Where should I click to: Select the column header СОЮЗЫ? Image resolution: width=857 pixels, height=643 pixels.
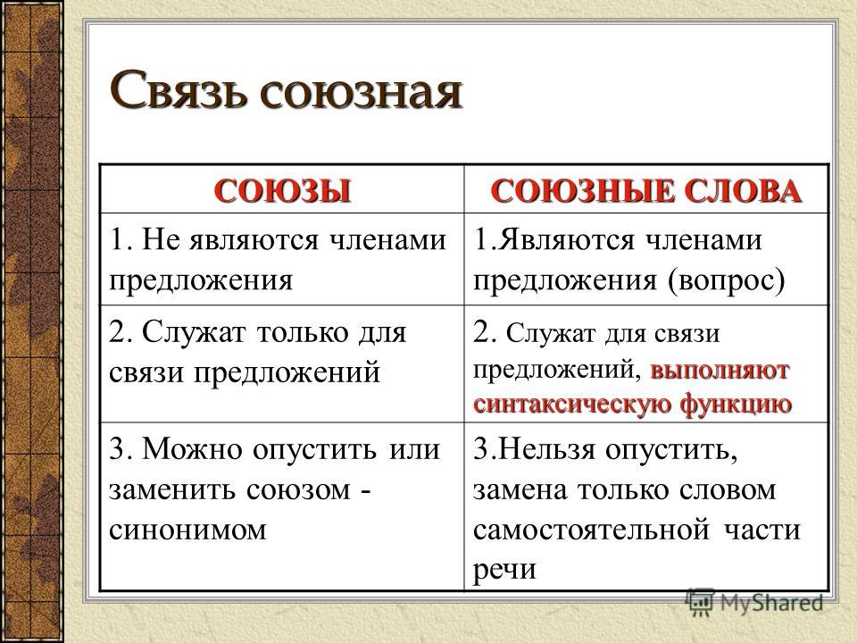point(282,191)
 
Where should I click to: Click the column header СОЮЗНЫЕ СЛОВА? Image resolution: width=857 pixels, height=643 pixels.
point(646,191)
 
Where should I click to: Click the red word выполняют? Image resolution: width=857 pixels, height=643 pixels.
point(720,371)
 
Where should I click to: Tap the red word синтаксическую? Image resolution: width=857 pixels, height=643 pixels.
point(573,405)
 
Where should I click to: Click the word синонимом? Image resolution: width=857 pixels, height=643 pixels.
point(187,530)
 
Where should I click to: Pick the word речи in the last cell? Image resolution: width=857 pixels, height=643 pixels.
point(503,570)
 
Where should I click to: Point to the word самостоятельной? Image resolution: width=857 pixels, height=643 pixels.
point(591,530)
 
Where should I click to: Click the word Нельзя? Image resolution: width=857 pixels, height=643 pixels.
point(547,449)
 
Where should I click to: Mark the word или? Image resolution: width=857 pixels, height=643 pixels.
point(415,450)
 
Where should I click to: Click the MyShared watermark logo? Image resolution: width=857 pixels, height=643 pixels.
point(755,603)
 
